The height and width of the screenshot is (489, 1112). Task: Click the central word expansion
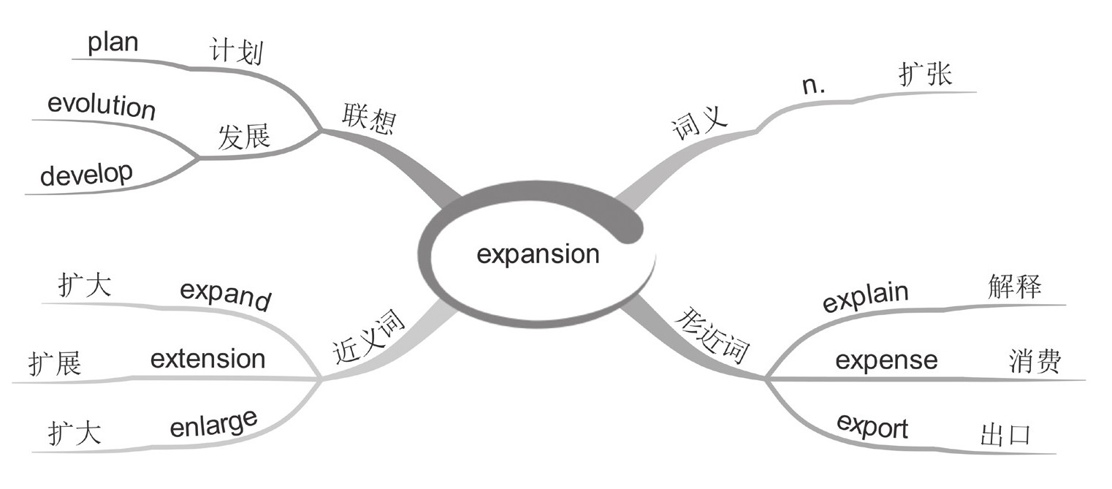pos(538,254)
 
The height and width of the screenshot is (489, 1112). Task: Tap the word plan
pos(113,42)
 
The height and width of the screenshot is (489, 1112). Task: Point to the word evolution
pos(102,106)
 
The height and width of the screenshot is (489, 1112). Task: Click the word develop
pos(86,174)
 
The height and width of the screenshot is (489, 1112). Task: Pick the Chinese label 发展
pos(244,137)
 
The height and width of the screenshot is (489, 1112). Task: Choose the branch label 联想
pos(368,117)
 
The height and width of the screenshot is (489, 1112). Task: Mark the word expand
pos(225,296)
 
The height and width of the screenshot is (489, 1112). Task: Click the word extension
pos(207,359)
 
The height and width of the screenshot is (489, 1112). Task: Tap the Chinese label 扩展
pos(55,363)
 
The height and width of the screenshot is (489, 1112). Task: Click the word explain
pos(865,296)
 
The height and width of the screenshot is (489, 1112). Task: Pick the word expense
pos(886,360)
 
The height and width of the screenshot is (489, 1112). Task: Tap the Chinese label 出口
pos(1005,436)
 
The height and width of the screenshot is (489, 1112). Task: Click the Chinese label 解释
pos(1013,287)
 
